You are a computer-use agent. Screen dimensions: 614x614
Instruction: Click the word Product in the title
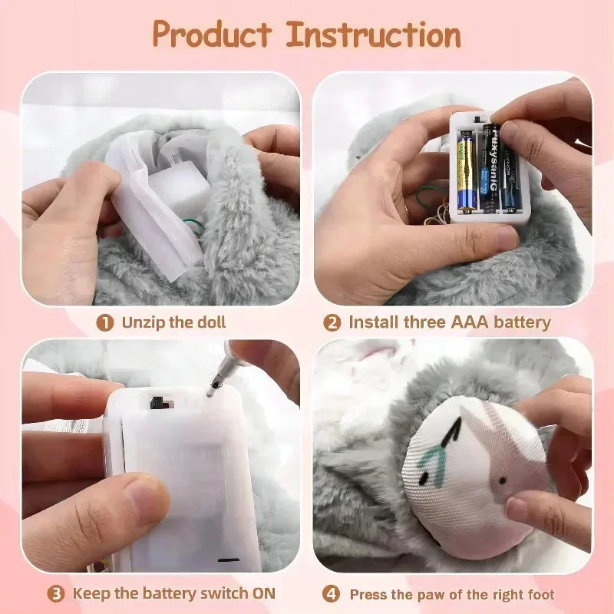pos(212,35)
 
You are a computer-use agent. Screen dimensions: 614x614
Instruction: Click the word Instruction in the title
pos(374,35)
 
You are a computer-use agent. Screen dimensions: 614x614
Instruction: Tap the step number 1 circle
pos(105,323)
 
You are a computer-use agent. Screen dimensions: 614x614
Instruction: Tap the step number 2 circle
pos(332,323)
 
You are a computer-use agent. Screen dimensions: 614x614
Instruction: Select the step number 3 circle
pos(56,593)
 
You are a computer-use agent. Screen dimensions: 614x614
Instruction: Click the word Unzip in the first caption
pos(144,323)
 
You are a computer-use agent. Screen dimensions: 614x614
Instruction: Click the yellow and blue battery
pos(467,170)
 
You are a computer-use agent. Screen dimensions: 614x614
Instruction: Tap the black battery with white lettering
pos(490,165)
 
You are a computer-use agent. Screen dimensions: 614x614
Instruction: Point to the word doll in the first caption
pos(210,323)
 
